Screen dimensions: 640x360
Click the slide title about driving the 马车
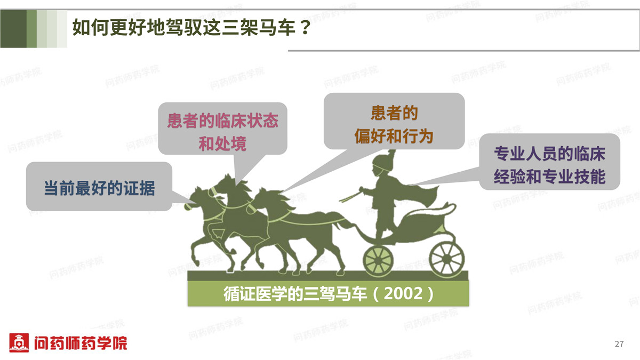[191, 28]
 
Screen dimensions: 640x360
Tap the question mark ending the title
[305, 28]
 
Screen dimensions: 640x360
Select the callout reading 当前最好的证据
[99, 188]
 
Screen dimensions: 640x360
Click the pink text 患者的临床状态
[223, 121]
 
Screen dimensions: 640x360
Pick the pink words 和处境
[222, 143]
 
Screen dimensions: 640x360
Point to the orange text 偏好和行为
[394, 136]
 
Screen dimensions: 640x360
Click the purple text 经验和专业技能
[550, 177]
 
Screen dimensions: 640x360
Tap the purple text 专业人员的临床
[550, 154]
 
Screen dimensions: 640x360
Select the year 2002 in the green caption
[403, 293]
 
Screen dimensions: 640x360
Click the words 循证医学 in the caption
[255, 293]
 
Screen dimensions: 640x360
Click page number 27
[619, 343]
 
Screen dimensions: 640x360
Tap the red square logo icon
[19, 342]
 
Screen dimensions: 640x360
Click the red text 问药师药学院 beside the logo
[81, 343]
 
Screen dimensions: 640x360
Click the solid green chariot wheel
[378, 261]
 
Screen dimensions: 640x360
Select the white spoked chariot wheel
[446, 260]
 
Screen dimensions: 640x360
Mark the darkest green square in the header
[13, 29]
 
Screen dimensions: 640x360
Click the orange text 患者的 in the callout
[394, 113]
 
